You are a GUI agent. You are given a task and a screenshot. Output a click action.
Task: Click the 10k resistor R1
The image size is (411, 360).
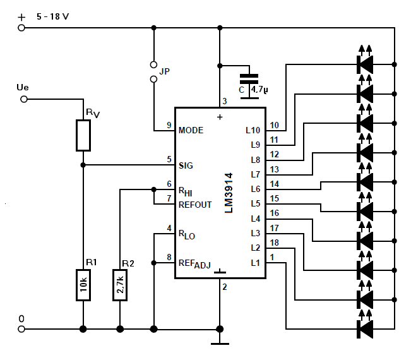(x=83, y=285)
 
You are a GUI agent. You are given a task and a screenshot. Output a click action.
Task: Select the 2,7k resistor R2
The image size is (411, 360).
(x=120, y=285)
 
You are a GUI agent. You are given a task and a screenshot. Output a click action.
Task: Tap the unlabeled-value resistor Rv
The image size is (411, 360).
(x=83, y=136)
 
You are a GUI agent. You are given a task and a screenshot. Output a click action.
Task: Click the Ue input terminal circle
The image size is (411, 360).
(x=24, y=99)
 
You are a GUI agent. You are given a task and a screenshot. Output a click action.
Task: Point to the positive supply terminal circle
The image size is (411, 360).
(x=21, y=28)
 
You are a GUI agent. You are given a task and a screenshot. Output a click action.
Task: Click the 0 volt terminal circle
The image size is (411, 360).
(x=21, y=329)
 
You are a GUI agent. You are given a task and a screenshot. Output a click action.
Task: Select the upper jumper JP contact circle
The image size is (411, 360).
(x=153, y=64)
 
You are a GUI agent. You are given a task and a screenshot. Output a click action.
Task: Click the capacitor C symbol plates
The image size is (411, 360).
(x=249, y=79)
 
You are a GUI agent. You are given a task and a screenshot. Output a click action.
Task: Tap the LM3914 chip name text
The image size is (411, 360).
(x=229, y=193)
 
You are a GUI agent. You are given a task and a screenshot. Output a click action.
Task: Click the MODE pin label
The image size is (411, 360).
(x=191, y=130)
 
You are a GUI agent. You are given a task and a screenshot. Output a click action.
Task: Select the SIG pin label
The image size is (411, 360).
(x=186, y=165)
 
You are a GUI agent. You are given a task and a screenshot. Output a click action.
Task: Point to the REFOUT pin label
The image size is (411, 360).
(x=195, y=205)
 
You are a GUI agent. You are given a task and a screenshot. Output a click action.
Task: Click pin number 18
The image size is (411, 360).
(x=274, y=243)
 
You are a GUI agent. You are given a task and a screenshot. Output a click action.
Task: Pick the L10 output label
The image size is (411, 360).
(x=253, y=130)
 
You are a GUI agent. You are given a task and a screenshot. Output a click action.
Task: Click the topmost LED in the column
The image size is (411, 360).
(x=365, y=64)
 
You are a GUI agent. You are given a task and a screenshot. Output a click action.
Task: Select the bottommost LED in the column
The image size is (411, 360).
(x=365, y=329)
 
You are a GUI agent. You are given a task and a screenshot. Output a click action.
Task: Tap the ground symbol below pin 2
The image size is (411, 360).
(x=220, y=344)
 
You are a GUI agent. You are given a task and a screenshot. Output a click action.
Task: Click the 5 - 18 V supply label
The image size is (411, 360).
(x=52, y=17)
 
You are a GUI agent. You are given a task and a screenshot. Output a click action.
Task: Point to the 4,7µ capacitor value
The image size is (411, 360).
(x=259, y=90)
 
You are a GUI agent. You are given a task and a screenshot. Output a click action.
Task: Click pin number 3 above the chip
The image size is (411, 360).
(x=224, y=101)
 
